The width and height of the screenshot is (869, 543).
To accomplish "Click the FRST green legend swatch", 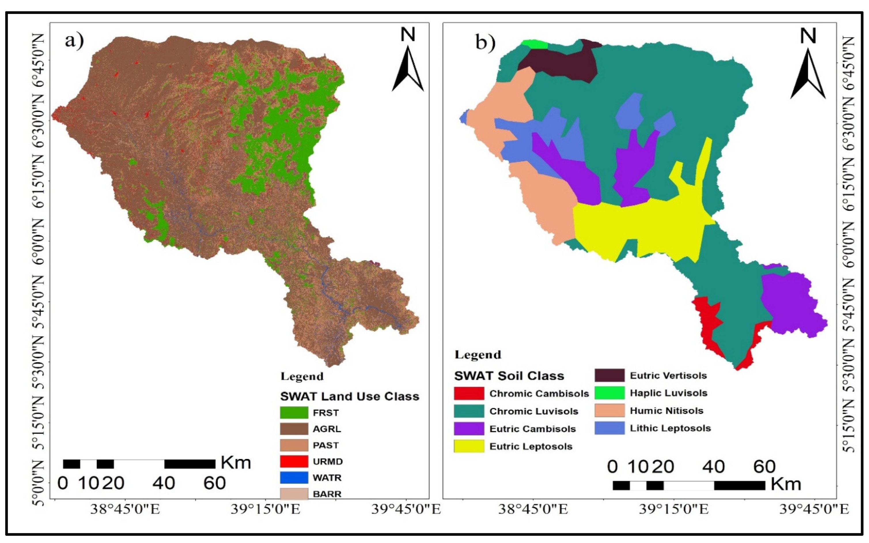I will (x=294, y=413).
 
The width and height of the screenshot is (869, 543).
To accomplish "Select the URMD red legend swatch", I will (x=294, y=462).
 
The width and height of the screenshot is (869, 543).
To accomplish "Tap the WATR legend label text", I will (x=327, y=478).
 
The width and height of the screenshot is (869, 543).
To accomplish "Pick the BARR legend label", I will (x=327, y=494).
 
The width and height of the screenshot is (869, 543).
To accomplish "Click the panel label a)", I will (x=74, y=41).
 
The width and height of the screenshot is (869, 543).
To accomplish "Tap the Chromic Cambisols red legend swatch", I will (x=469, y=394).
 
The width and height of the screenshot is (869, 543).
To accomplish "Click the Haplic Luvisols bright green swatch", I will (x=610, y=393).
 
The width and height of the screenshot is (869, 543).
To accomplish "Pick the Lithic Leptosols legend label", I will (x=670, y=428).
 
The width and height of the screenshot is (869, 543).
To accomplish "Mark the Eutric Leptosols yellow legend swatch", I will (x=469, y=446).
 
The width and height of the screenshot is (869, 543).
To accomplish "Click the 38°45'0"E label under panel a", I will (x=125, y=510).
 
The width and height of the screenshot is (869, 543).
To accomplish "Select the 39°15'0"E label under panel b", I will (x=674, y=510).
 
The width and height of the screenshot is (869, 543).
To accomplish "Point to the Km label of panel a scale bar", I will (x=236, y=463).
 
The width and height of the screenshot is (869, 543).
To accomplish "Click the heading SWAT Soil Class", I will (x=509, y=376).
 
